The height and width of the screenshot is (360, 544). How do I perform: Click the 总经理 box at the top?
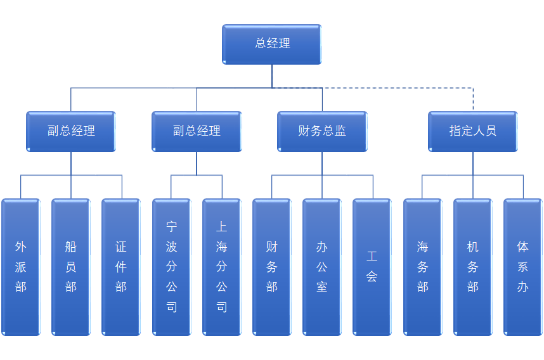[272, 44]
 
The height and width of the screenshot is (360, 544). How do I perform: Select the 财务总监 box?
[322, 131]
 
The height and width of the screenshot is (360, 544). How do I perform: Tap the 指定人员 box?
[473, 131]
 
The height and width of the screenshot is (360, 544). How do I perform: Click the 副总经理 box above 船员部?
[71, 131]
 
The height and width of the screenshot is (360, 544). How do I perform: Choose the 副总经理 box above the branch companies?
[197, 131]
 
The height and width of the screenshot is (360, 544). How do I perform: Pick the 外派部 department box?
[21, 267]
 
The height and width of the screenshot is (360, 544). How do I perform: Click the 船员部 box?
[71, 267]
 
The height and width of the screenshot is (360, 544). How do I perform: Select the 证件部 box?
[121, 267]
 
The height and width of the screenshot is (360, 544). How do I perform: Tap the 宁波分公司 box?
[171, 267]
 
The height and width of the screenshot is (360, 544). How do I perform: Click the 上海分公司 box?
[222, 267]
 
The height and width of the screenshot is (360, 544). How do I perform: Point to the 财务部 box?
[272, 267]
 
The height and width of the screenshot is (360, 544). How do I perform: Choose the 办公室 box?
[322, 267]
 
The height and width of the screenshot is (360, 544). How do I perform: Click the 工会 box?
[372, 267]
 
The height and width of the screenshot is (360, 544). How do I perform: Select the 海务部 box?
[423, 267]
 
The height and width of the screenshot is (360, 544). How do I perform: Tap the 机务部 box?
[473, 267]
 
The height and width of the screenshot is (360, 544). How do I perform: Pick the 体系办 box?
[523, 267]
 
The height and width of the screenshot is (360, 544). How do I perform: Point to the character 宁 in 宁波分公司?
[171, 226]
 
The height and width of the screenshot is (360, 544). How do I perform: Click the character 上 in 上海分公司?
[222, 226]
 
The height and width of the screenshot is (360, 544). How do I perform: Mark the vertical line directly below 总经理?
[272, 75]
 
